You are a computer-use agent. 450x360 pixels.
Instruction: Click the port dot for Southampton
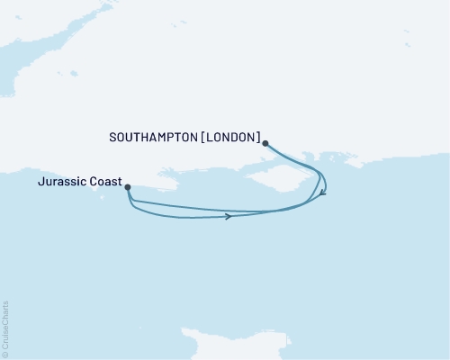(265, 142)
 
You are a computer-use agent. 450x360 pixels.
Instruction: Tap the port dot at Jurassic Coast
(128, 187)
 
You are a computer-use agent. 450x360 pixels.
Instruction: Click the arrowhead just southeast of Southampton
(323, 193)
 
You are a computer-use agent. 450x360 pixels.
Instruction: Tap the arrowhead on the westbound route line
(229, 216)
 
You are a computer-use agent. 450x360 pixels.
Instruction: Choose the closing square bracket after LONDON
(258, 138)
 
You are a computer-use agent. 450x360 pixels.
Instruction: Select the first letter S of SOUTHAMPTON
(112, 138)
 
